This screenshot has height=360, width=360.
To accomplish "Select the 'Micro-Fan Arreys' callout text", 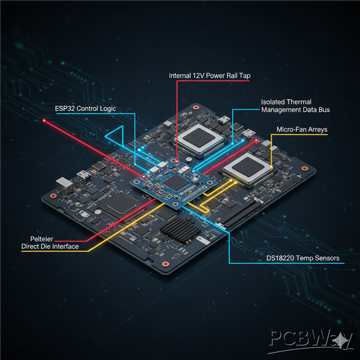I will pyautogui.click(x=301, y=130).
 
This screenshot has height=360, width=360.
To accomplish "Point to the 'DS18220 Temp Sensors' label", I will pyautogui.click(x=303, y=259).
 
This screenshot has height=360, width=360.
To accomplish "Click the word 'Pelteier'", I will pyautogui.click(x=32, y=238).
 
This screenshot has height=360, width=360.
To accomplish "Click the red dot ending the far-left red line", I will pyautogui.click(x=44, y=121).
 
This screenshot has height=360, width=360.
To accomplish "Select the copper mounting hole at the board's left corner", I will pyautogui.click(x=53, y=196).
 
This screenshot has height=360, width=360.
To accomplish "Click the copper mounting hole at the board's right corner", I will pyautogui.click(x=311, y=170).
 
